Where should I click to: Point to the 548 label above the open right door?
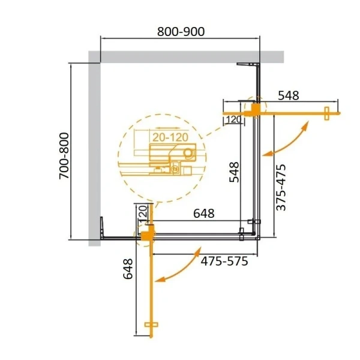[288, 96]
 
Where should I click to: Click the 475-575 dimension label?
[224, 262]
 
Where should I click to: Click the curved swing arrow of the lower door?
[183, 267]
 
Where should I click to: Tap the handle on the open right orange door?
[328, 114]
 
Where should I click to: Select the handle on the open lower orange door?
[151, 325]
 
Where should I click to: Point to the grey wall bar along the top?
[186, 56]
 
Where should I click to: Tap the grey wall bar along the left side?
[94, 150]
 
